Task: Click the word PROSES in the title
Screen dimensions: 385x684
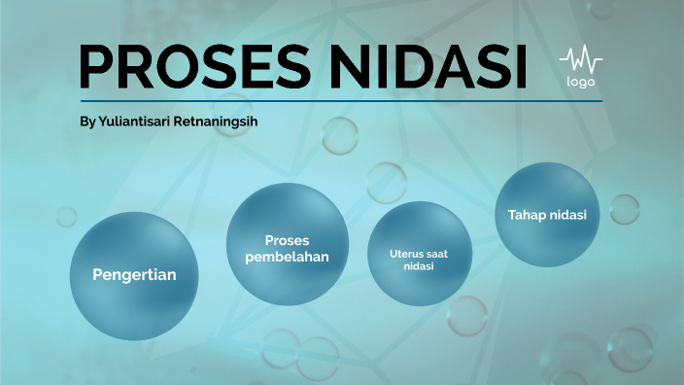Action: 190,66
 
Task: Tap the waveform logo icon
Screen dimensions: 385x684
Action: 580,60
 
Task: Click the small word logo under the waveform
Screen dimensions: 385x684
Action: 580,82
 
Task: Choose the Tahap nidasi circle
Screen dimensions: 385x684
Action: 547,215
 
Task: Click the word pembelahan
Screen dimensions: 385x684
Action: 288,257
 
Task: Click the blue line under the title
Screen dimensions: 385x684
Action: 341,100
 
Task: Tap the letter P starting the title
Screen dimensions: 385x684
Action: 97,66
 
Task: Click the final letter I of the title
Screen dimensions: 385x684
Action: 518,66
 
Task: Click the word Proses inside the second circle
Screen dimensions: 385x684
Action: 288,240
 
